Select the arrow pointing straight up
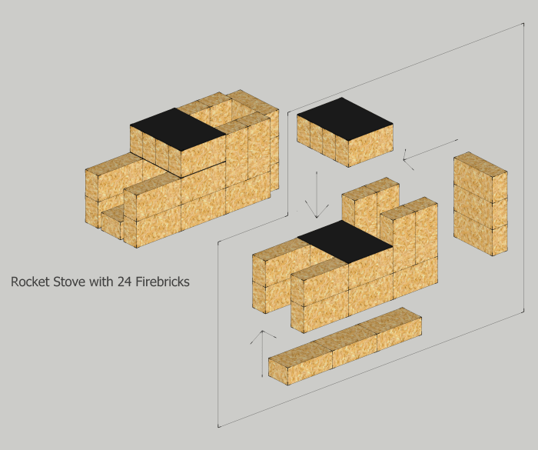pyautogui.click(x=263, y=354)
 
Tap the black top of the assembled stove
pyautogui.click(x=178, y=128)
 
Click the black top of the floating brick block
pyautogui.click(x=344, y=118)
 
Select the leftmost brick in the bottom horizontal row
pyautogui.click(x=300, y=361)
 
